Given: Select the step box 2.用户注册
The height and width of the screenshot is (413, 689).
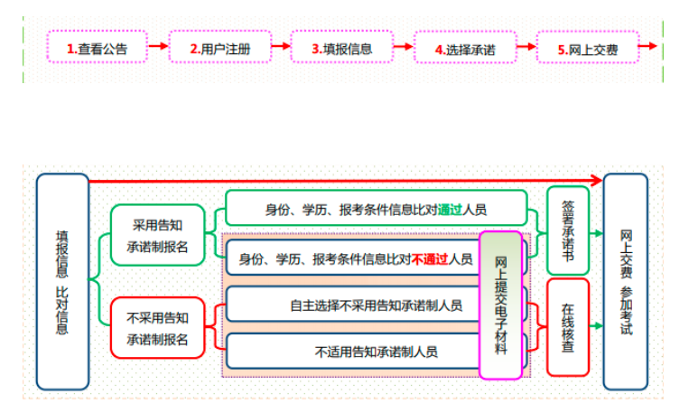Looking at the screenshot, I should pos(219,47).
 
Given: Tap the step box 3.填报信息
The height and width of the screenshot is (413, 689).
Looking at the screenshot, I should pos(342,47).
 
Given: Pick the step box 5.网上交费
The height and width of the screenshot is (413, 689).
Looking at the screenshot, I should pos(587,48).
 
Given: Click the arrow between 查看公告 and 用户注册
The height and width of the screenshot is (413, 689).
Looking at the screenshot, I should pos(158,47).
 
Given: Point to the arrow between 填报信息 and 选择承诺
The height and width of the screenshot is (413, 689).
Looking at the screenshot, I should pos(403,48).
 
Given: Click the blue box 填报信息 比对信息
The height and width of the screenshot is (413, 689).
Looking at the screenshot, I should pos(62,281).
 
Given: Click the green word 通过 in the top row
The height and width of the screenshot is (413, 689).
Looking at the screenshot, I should pos(450,210).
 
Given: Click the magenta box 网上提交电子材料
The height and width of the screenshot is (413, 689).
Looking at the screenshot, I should pos(501,305).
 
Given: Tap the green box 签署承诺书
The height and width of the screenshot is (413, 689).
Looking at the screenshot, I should pos(568,230).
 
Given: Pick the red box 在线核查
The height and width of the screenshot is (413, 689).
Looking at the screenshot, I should pos(568,325).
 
